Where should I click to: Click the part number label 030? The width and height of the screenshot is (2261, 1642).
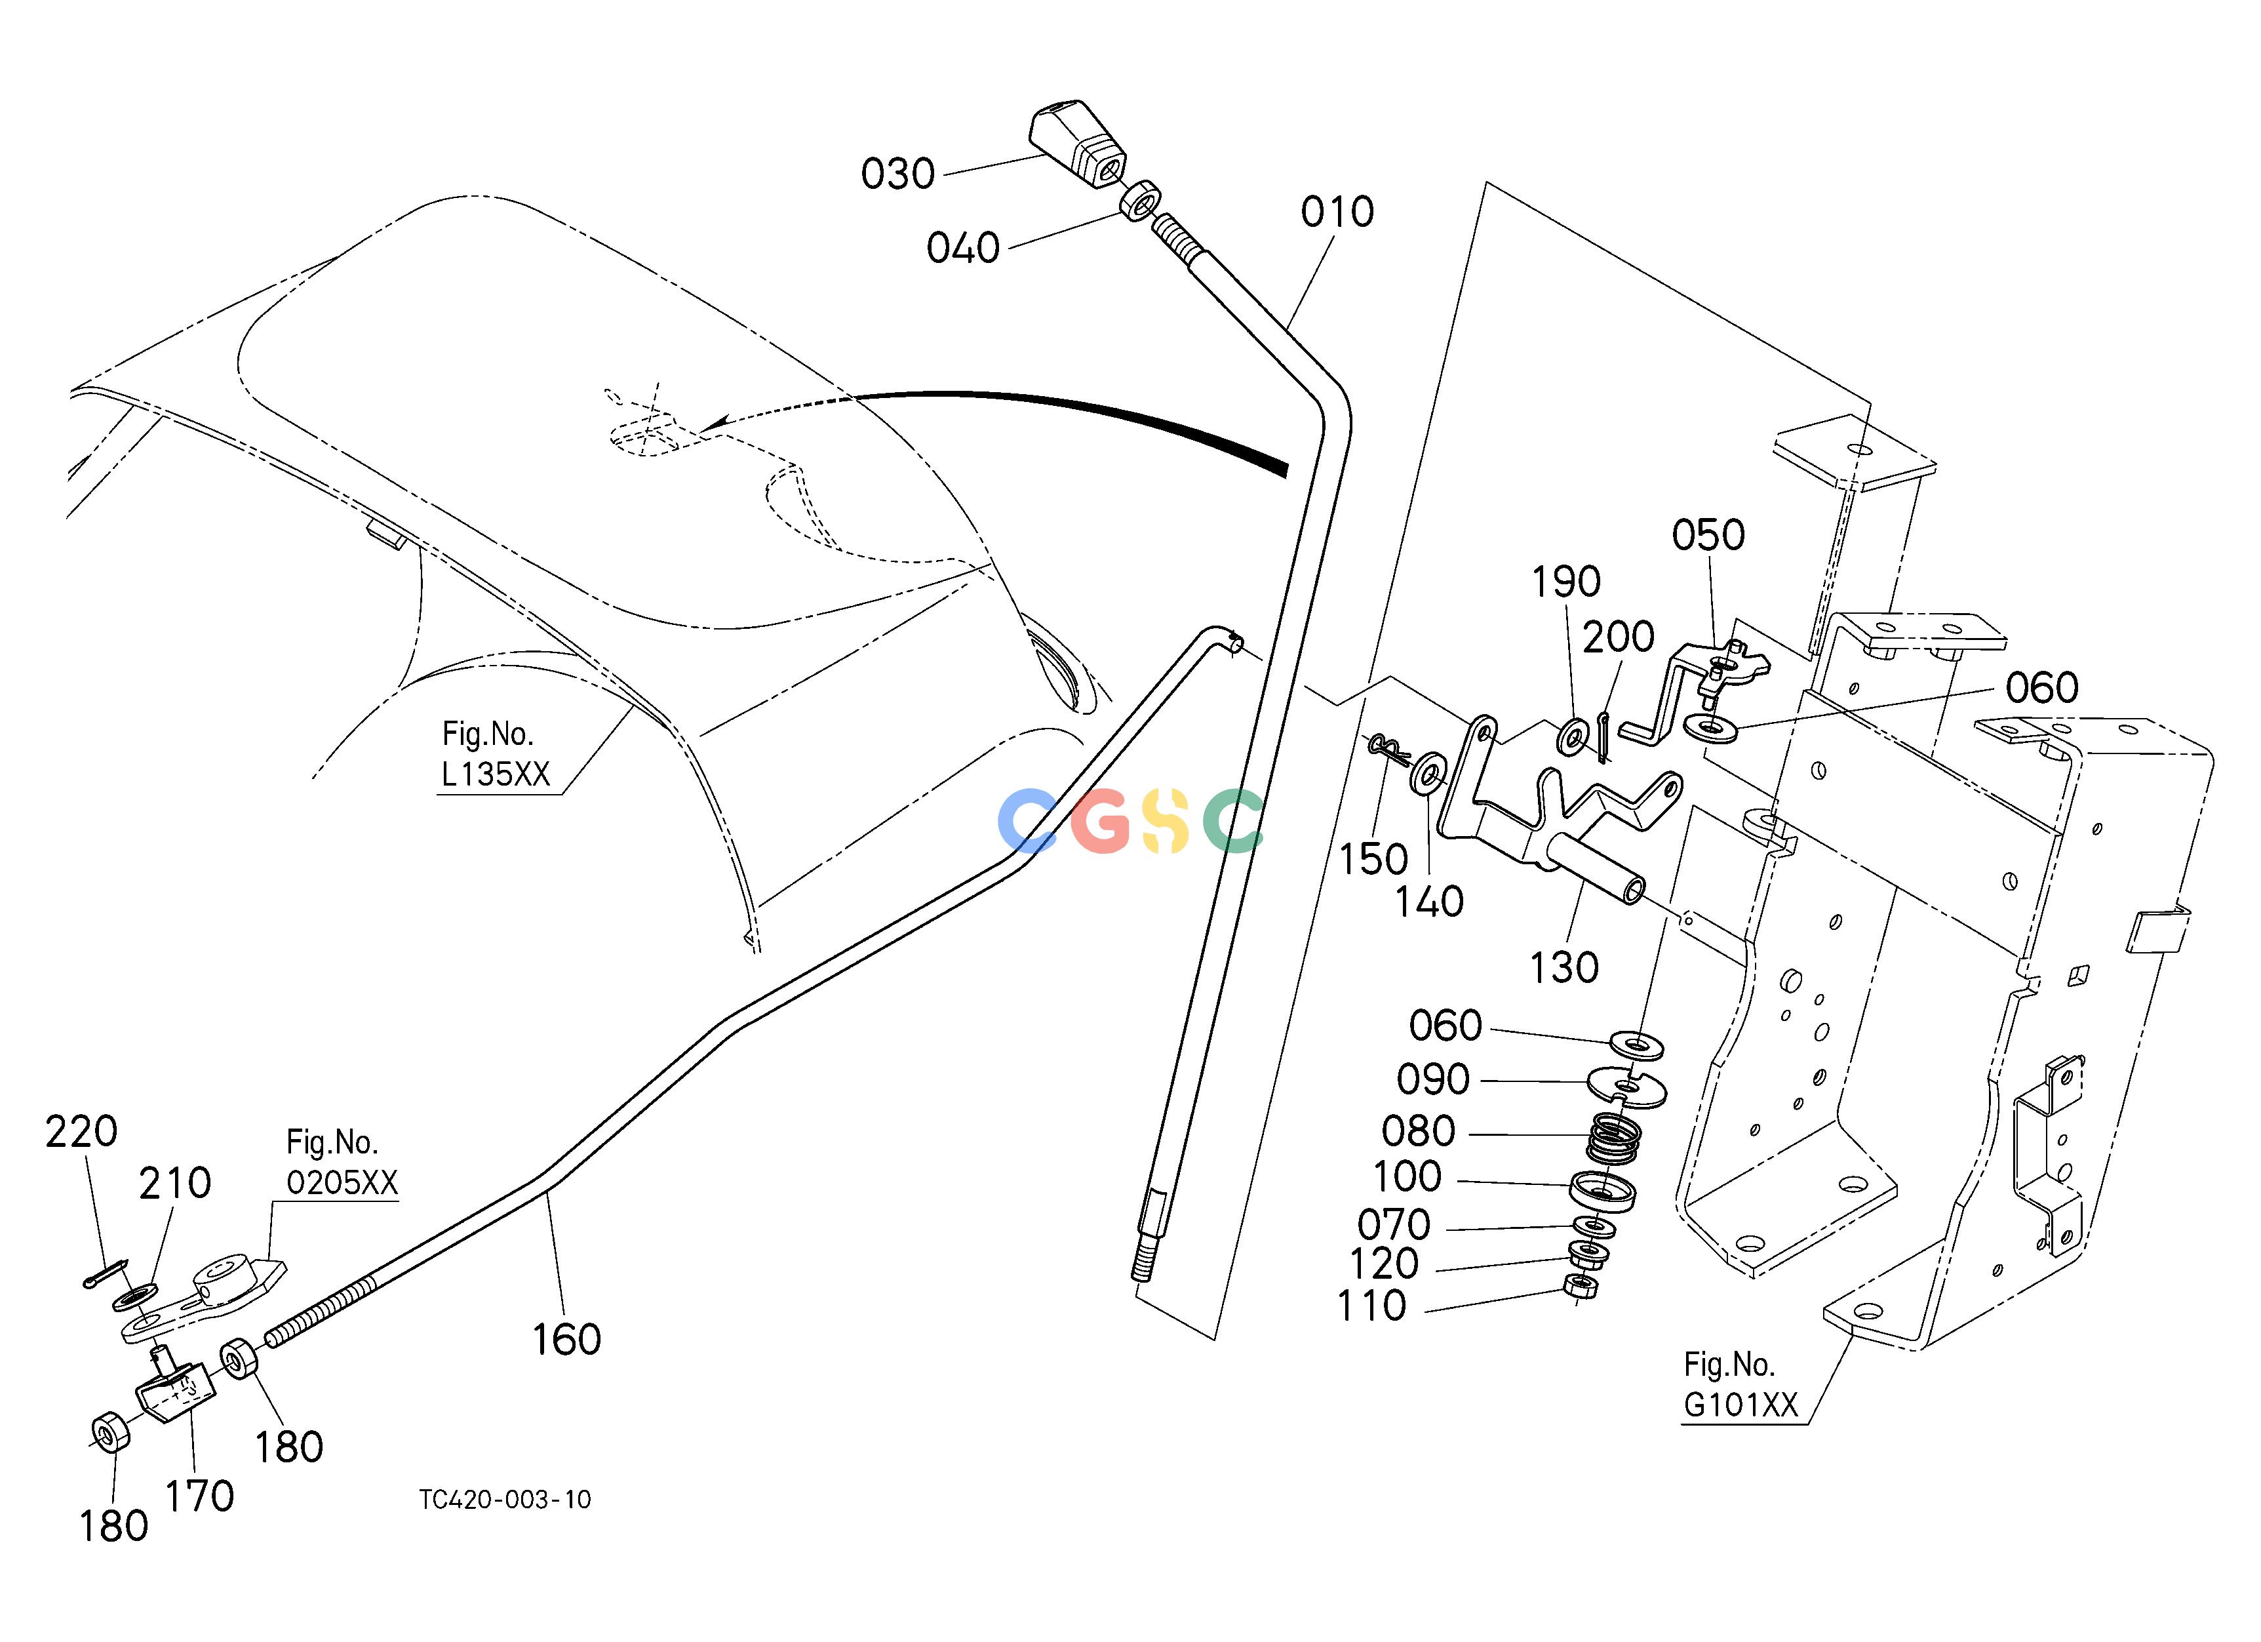click(897, 174)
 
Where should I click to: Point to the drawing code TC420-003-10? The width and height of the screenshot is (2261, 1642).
click(505, 1500)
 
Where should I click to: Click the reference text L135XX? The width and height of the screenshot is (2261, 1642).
click(496, 774)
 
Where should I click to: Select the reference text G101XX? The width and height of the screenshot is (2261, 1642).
click(1740, 1405)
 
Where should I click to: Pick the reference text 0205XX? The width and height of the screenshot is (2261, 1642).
click(342, 1182)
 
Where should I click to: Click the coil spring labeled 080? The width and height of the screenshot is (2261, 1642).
click(1614, 1140)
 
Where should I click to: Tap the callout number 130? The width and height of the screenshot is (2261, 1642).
click(1563, 967)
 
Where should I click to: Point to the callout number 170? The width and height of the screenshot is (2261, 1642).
click(199, 1496)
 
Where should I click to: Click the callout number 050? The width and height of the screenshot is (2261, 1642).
click(1708, 535)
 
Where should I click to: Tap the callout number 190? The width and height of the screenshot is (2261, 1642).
click(1565, 581)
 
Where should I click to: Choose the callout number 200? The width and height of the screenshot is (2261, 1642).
click(1618, 636)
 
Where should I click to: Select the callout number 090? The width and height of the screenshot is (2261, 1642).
click(1432, 1079)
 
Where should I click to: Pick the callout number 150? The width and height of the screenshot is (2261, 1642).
click(1373, 858)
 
